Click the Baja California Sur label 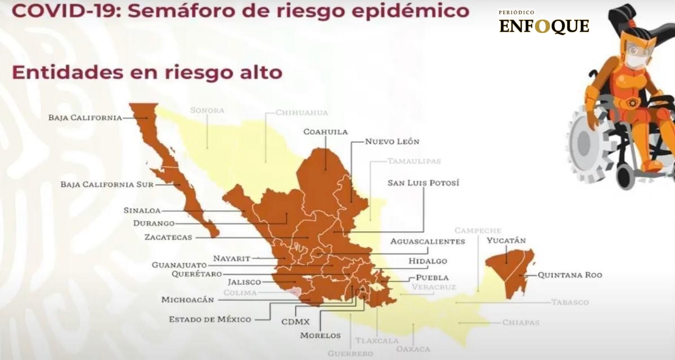[x=100, y=184]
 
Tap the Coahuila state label [x=326, y=132]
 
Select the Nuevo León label [x=392, y=142]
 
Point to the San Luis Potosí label [x=423, y=183]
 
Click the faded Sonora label [x=207, y=110]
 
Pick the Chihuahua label [x=301, y=112]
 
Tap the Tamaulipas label [x=414, y=161]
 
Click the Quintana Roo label [x=570, y=275]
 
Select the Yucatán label [x=506, y=241]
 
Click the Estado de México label [x=210, y=319]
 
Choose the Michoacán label [x=187, y=300]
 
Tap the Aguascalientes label [x=427, y=241]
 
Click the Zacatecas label [x=168, y=237]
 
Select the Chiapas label [x=521, y=323]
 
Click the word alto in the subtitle [x=260, y=73]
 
